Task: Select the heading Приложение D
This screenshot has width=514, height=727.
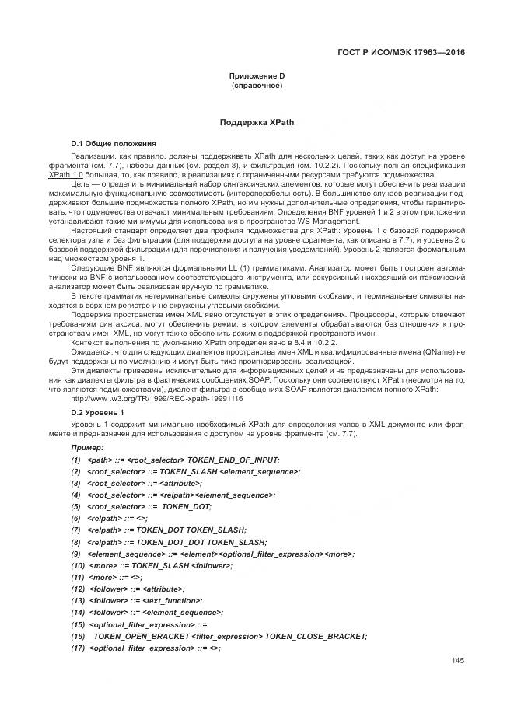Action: click(257, 75)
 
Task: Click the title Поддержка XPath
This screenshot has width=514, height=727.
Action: click(257, 123)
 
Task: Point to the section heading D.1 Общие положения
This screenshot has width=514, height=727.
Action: click(113, 144)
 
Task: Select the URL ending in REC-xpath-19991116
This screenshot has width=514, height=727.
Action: click(156, 398)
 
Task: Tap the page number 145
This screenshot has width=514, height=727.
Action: click(457, 660)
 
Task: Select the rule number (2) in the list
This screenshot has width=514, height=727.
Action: click(75, 471)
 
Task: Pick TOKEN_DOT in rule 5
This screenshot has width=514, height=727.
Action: click(187, 506)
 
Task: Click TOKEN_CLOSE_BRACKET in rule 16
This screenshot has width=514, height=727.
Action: click(315, 636)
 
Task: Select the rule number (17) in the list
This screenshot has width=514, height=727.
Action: click(78, 648)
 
